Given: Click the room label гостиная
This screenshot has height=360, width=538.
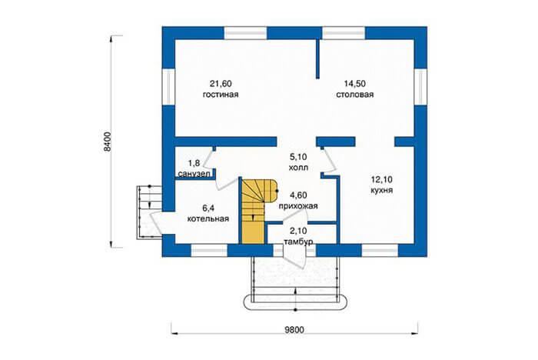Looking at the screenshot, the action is pos(221,95).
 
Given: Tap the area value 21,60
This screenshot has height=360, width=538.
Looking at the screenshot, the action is pos(221,84).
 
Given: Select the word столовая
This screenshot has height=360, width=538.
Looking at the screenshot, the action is pos(355,95).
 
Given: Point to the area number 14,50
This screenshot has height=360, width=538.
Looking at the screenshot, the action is pos(355,84).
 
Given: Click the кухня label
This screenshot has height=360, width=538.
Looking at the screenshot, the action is pos(381,190).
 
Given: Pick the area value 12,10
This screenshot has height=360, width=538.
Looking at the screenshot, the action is pos(381,179).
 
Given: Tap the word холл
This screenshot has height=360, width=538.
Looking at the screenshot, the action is pos(298,168).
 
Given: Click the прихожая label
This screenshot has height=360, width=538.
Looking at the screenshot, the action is pos(298,206).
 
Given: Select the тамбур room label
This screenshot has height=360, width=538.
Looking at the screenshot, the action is pos(298,242).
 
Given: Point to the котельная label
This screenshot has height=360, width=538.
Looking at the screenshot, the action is pos(208,218).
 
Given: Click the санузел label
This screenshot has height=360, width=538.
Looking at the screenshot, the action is pos(194,174).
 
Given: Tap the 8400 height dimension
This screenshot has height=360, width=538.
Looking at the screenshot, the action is pos(108,142).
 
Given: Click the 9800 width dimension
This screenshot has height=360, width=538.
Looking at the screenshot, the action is pos(294,330).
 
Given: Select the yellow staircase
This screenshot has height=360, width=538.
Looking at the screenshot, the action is pos(253,212).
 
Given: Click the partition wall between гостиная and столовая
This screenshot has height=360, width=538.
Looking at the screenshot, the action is pos(317,59).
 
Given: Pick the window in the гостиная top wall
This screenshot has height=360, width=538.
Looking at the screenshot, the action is pos(246,33).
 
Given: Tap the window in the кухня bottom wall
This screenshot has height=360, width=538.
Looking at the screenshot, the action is pos(380,251).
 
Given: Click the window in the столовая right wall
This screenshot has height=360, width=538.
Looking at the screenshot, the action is pos(420,86).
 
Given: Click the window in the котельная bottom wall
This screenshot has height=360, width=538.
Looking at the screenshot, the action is pos(209,251).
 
